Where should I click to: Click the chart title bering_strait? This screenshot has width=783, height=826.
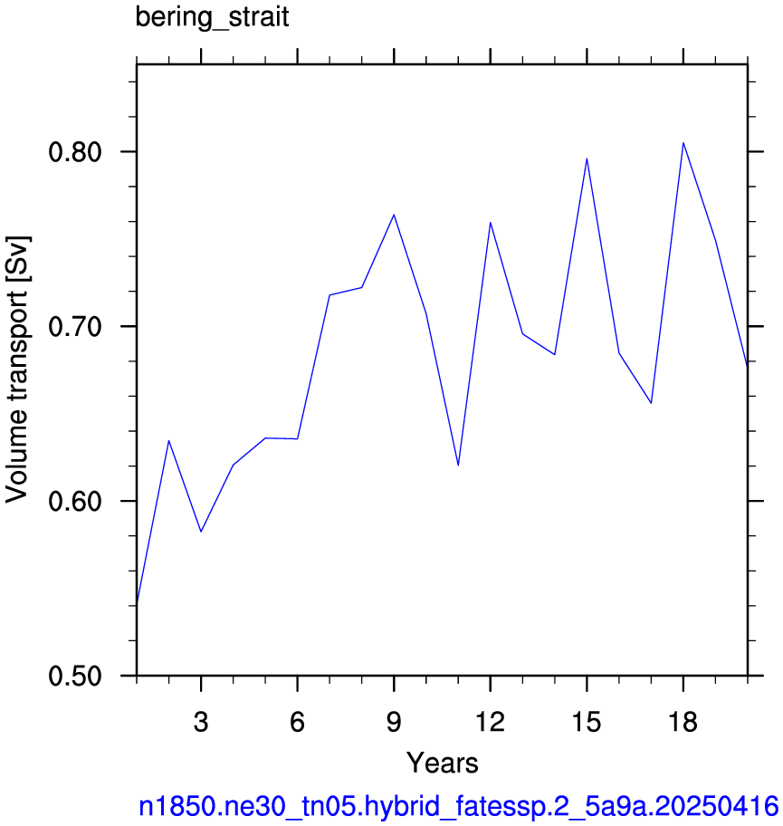click(x=212, y=17)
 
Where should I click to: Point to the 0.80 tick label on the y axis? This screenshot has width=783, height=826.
click(x=75, y=152)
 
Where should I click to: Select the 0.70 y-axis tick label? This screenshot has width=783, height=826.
click(x=75, y=327)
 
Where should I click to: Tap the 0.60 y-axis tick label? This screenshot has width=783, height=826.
click(x=75, y=501)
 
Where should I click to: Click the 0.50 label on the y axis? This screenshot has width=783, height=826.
click(x=75, y=676)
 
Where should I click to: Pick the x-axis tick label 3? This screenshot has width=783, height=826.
click(x=201, y=722)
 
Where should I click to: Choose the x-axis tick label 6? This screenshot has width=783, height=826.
click(x=298, y=722)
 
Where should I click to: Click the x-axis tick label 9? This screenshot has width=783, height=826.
click(x=394, y=722)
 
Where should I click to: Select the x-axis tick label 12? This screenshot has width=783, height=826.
click(x=491, y=722)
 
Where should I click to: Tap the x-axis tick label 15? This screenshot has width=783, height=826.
click(x=587, y=722)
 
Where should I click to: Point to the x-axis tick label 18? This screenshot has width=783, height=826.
click(x=683, y=722)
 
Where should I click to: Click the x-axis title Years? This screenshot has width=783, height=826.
click(x=443, y=763)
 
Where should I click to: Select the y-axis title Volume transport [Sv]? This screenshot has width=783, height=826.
click(x=16, y=370)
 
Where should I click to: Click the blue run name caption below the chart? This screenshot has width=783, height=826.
click(x=458, y=806)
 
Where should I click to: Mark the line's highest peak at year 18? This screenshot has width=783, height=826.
click(x=683, y=143)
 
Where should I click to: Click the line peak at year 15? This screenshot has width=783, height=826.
click(x=587, y=158)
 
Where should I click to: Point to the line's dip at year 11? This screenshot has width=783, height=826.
click(x=458, y=466)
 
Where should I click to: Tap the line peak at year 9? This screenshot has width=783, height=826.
click(x=394, y=215)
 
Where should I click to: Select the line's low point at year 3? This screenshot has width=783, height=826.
click(x=201, y=532)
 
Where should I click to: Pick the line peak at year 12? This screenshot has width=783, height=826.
click(x=491, y=222)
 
